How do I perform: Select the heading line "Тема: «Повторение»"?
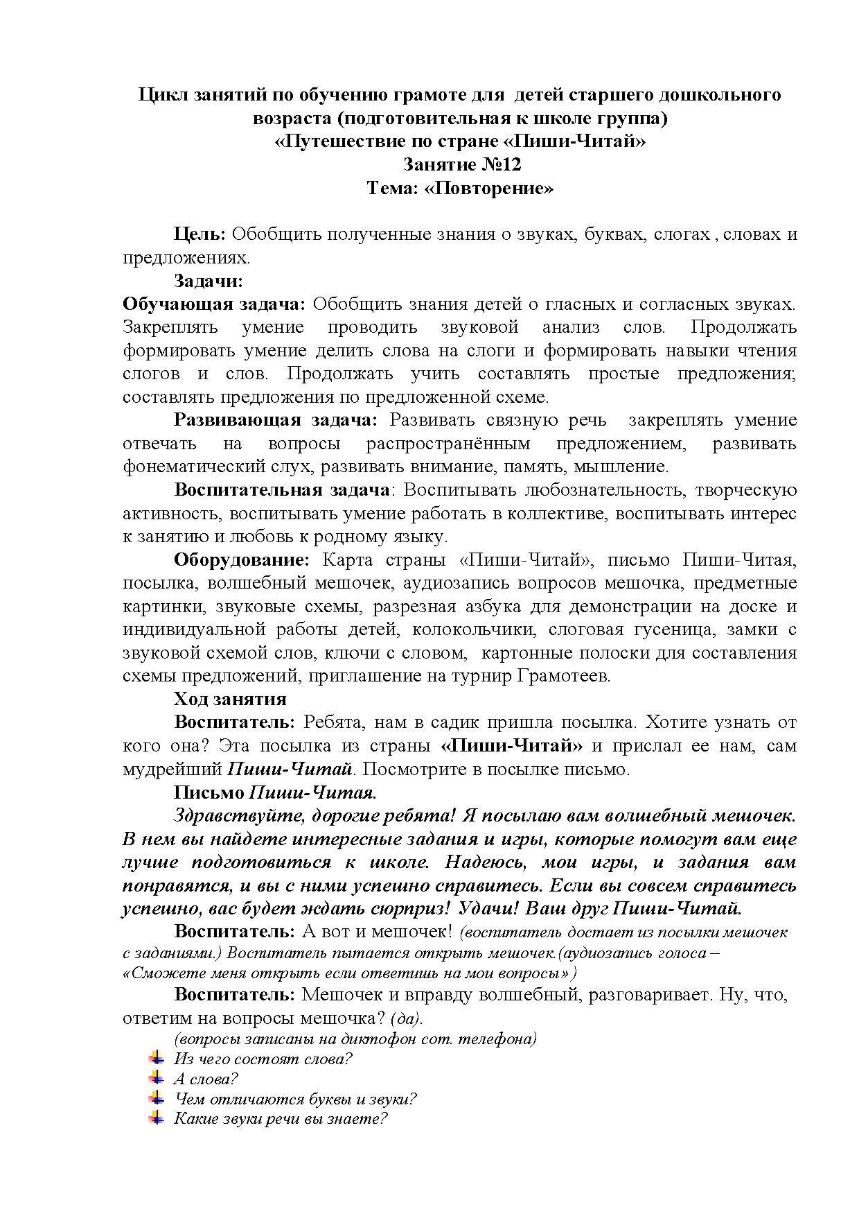point(461,189)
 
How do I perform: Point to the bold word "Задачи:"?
point(209,281)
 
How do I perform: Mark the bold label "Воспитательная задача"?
point(281,490)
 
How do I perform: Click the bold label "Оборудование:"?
point(241,560)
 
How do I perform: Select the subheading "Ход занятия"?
point(230,699)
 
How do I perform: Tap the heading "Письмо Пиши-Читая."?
point(275,792)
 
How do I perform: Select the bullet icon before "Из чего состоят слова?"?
point(157,1059)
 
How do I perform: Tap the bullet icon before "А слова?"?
point(157,1079)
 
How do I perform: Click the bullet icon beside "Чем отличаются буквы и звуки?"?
point(157,1099)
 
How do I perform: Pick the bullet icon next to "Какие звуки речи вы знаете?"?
point(157,1118)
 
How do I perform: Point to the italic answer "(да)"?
point(406,1018)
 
